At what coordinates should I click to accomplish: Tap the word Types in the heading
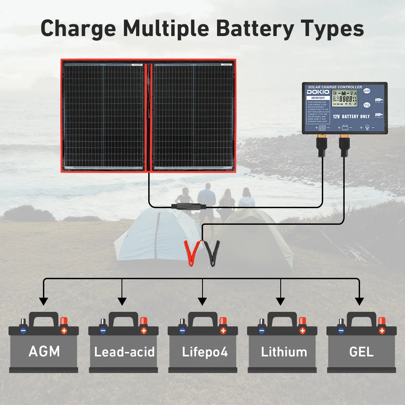pyautogui.click(x=329, y=28)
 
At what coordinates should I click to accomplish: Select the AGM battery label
pyautogui.click(x=44, y=351)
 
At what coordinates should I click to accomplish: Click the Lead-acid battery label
pyautogui.click(x=124, y=352)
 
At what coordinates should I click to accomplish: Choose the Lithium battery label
pyautogui.click(x=284, y=352)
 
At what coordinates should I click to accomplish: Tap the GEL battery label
pyautogui.click(x=361, y=351)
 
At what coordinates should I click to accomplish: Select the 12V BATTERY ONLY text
pyautogui.click(x=351, y=116)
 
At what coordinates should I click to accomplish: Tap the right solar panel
pyautogui.click(x=193, y=115)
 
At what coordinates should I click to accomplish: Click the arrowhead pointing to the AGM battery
pyautogui.click(x=43, y=301)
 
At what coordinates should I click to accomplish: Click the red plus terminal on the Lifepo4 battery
pyautogui.click(x=223, y=330)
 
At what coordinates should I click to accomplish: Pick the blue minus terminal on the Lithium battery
pyautogui.click(x=261, y=330)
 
